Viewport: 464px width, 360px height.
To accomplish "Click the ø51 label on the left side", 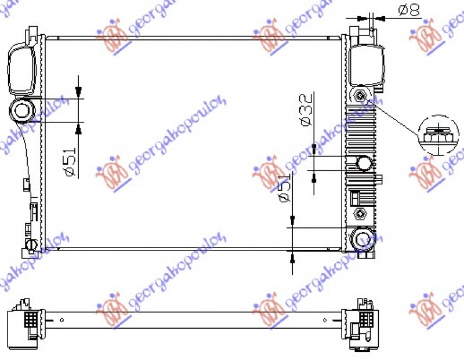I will tap(70, 163).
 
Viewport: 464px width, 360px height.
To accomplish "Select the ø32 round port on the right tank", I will tap(364, 163).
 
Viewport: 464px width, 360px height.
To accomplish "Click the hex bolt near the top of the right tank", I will tap(361, 96).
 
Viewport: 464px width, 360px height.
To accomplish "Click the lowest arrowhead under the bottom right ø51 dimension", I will tap(293, 258).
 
